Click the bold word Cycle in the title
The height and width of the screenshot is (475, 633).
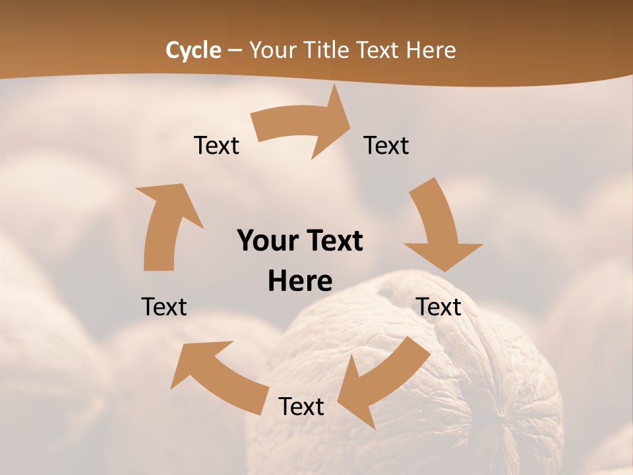click(193, 50)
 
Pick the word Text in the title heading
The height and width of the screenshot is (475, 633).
click(378, 50)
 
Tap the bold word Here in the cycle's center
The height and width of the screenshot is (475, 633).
click(300, 281)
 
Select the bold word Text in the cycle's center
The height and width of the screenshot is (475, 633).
click(332, 241)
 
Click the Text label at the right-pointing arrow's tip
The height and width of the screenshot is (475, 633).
click(386, 145)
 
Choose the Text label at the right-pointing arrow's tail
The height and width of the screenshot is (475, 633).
click(216, 145)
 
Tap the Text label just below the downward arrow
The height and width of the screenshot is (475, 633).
click(438, 307)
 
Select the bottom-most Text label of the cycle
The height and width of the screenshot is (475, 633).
click(301, 406)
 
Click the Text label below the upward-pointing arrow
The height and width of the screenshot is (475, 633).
click(164, 307)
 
